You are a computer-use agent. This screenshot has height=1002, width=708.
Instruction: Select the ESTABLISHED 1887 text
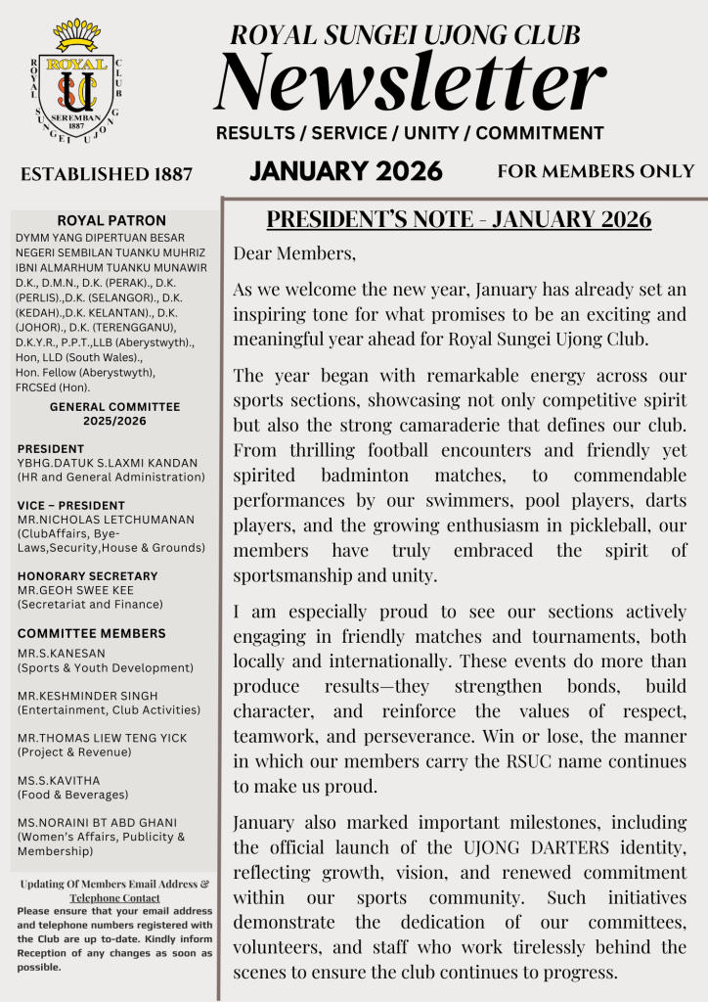point(106,175)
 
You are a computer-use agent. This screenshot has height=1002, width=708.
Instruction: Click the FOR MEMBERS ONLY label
point(596,171)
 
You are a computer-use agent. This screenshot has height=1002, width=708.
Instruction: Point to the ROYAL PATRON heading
point(111,221)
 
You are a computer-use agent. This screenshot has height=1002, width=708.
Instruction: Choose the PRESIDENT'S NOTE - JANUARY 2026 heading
point(459,218)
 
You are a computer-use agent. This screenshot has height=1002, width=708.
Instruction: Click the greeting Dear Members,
point(294,253)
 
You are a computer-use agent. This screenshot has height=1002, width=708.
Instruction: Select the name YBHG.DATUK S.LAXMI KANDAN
point(107,464)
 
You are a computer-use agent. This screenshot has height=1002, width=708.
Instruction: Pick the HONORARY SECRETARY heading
point(88,576)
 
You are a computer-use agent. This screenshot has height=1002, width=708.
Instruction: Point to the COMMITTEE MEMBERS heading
point(91,633)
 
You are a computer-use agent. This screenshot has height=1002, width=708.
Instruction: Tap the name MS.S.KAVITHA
point(58,781)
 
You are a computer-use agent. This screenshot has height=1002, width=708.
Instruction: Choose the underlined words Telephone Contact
point(114,897)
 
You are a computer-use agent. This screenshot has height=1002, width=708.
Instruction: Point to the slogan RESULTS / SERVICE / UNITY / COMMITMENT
point(409,133)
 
